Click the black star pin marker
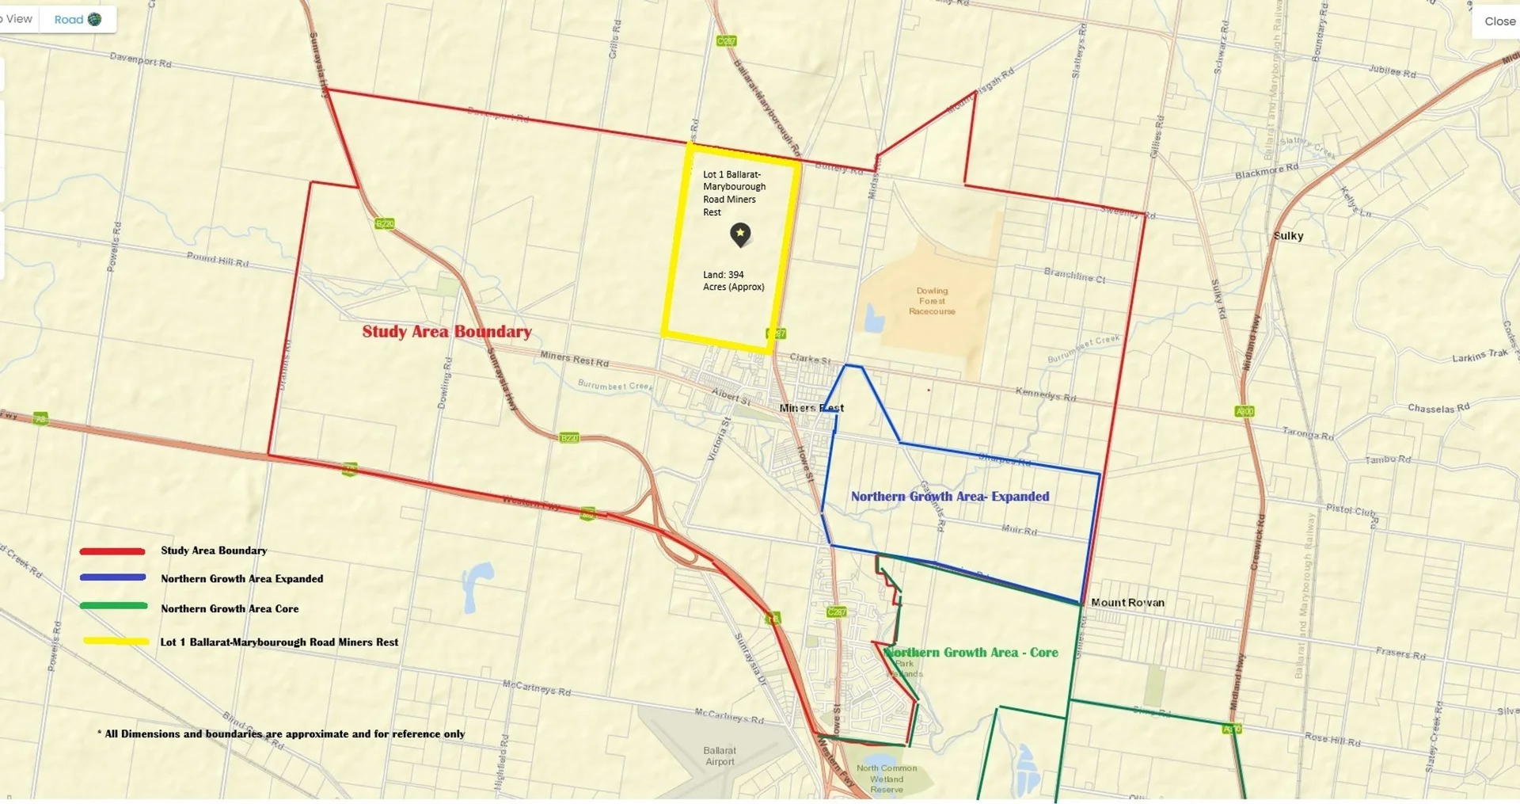click(x=739, y=234)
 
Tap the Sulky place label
click(x=1288, y=236)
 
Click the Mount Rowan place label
click(x=1127, y=603)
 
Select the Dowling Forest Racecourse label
click(x=932, y=301)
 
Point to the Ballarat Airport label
click(x=720, y=756)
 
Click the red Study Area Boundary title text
click(x=446, y=332)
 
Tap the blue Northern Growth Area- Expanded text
click(x=950, y=497)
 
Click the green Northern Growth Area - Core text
click(x=971, y=653)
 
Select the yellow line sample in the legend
click(x=116, y=641)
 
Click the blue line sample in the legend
click(x=112, y=577)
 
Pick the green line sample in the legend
click(x=113, y=606)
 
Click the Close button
click(x=1499, y=21)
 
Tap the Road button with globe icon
click(x=78, y=20)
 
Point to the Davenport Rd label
click(x=140, y=59)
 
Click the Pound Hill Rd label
click(x=218, y=259)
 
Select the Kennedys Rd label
click(x=1045, y=394)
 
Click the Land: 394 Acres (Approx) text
click(x=733, y=281)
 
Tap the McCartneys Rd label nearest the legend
click(x=536, y=687)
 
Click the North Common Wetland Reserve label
click(x=887, y=779)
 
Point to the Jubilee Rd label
click(x=1392, y=71)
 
